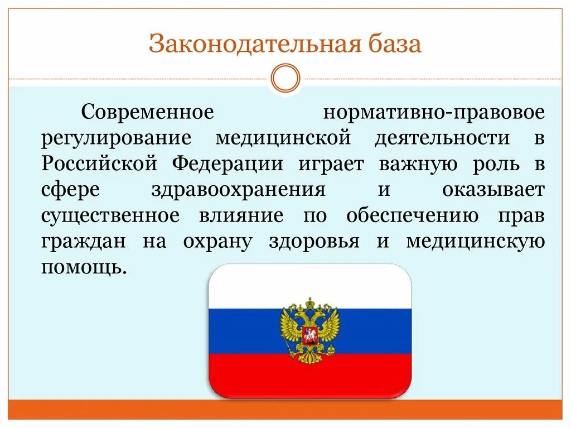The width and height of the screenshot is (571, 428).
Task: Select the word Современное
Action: coord(148,112)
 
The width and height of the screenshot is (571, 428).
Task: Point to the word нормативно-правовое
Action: coord(434,112)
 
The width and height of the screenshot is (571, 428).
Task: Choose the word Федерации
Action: coord(228,164)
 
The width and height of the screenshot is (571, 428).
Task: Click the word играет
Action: coord(331,164)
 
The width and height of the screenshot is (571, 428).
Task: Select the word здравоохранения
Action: coord(239,190)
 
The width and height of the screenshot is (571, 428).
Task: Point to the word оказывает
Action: coord(493,190)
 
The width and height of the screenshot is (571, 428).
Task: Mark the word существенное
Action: coord(110,215)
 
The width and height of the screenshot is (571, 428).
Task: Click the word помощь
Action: coord(80,268)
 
